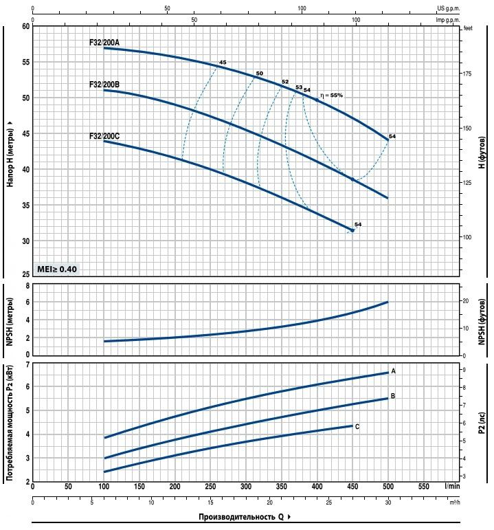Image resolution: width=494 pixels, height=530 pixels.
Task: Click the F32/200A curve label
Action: tap(104, 43)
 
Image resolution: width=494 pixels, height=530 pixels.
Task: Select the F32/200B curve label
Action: tap(104, 85)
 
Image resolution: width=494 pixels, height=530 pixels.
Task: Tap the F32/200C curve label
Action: tap(104, 136)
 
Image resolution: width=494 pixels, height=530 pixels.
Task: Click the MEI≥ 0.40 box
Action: tap(57, 269)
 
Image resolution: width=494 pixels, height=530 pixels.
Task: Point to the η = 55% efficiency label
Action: tap(330, 95)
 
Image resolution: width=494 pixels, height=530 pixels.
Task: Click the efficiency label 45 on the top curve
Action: tap(223, 63)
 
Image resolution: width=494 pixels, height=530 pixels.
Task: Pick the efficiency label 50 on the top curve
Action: tap(259, 74)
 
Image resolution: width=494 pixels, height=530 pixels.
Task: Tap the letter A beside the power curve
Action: tap(393, 371)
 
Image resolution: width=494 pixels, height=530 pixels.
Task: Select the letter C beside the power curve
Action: tap(357, 426)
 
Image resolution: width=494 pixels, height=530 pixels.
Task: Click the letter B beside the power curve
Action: tap(392, 396)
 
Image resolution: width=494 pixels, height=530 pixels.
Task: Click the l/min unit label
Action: tap(451, 486)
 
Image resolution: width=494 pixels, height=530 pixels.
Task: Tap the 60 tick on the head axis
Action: tap(26, 26)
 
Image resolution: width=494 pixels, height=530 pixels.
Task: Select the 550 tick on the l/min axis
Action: tap(424, 486)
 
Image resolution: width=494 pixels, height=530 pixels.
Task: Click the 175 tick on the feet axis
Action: tap(467, 74)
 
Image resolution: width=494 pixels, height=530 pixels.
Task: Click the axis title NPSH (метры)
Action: tap(10, 320)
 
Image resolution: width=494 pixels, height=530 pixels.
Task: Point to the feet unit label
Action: tap(469, 28)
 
